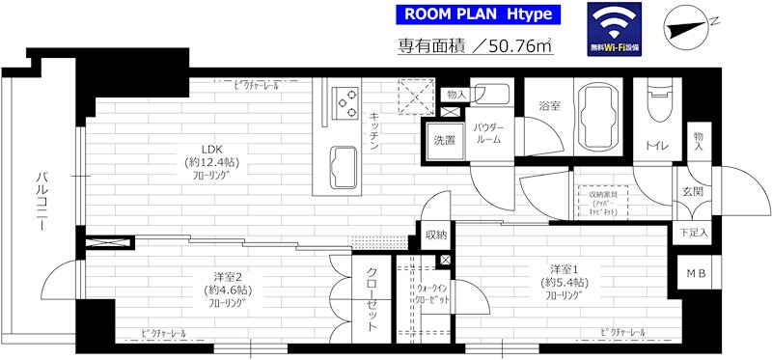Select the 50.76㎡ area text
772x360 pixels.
click(476, 47)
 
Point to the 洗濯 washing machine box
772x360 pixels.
click(445, 140)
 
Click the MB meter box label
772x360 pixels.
click(696, 274)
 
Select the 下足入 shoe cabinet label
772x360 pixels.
click(692, 233)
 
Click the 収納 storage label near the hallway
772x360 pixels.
click(435, 235)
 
